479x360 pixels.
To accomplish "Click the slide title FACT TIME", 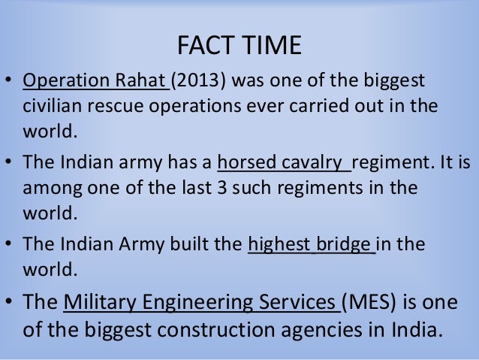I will click(x=239, y=46).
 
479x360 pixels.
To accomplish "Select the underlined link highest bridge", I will click(x=311, y=245).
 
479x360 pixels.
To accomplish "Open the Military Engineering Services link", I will click(x=201, y=303).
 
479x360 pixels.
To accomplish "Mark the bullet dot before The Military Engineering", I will click(x=11, y=304).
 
